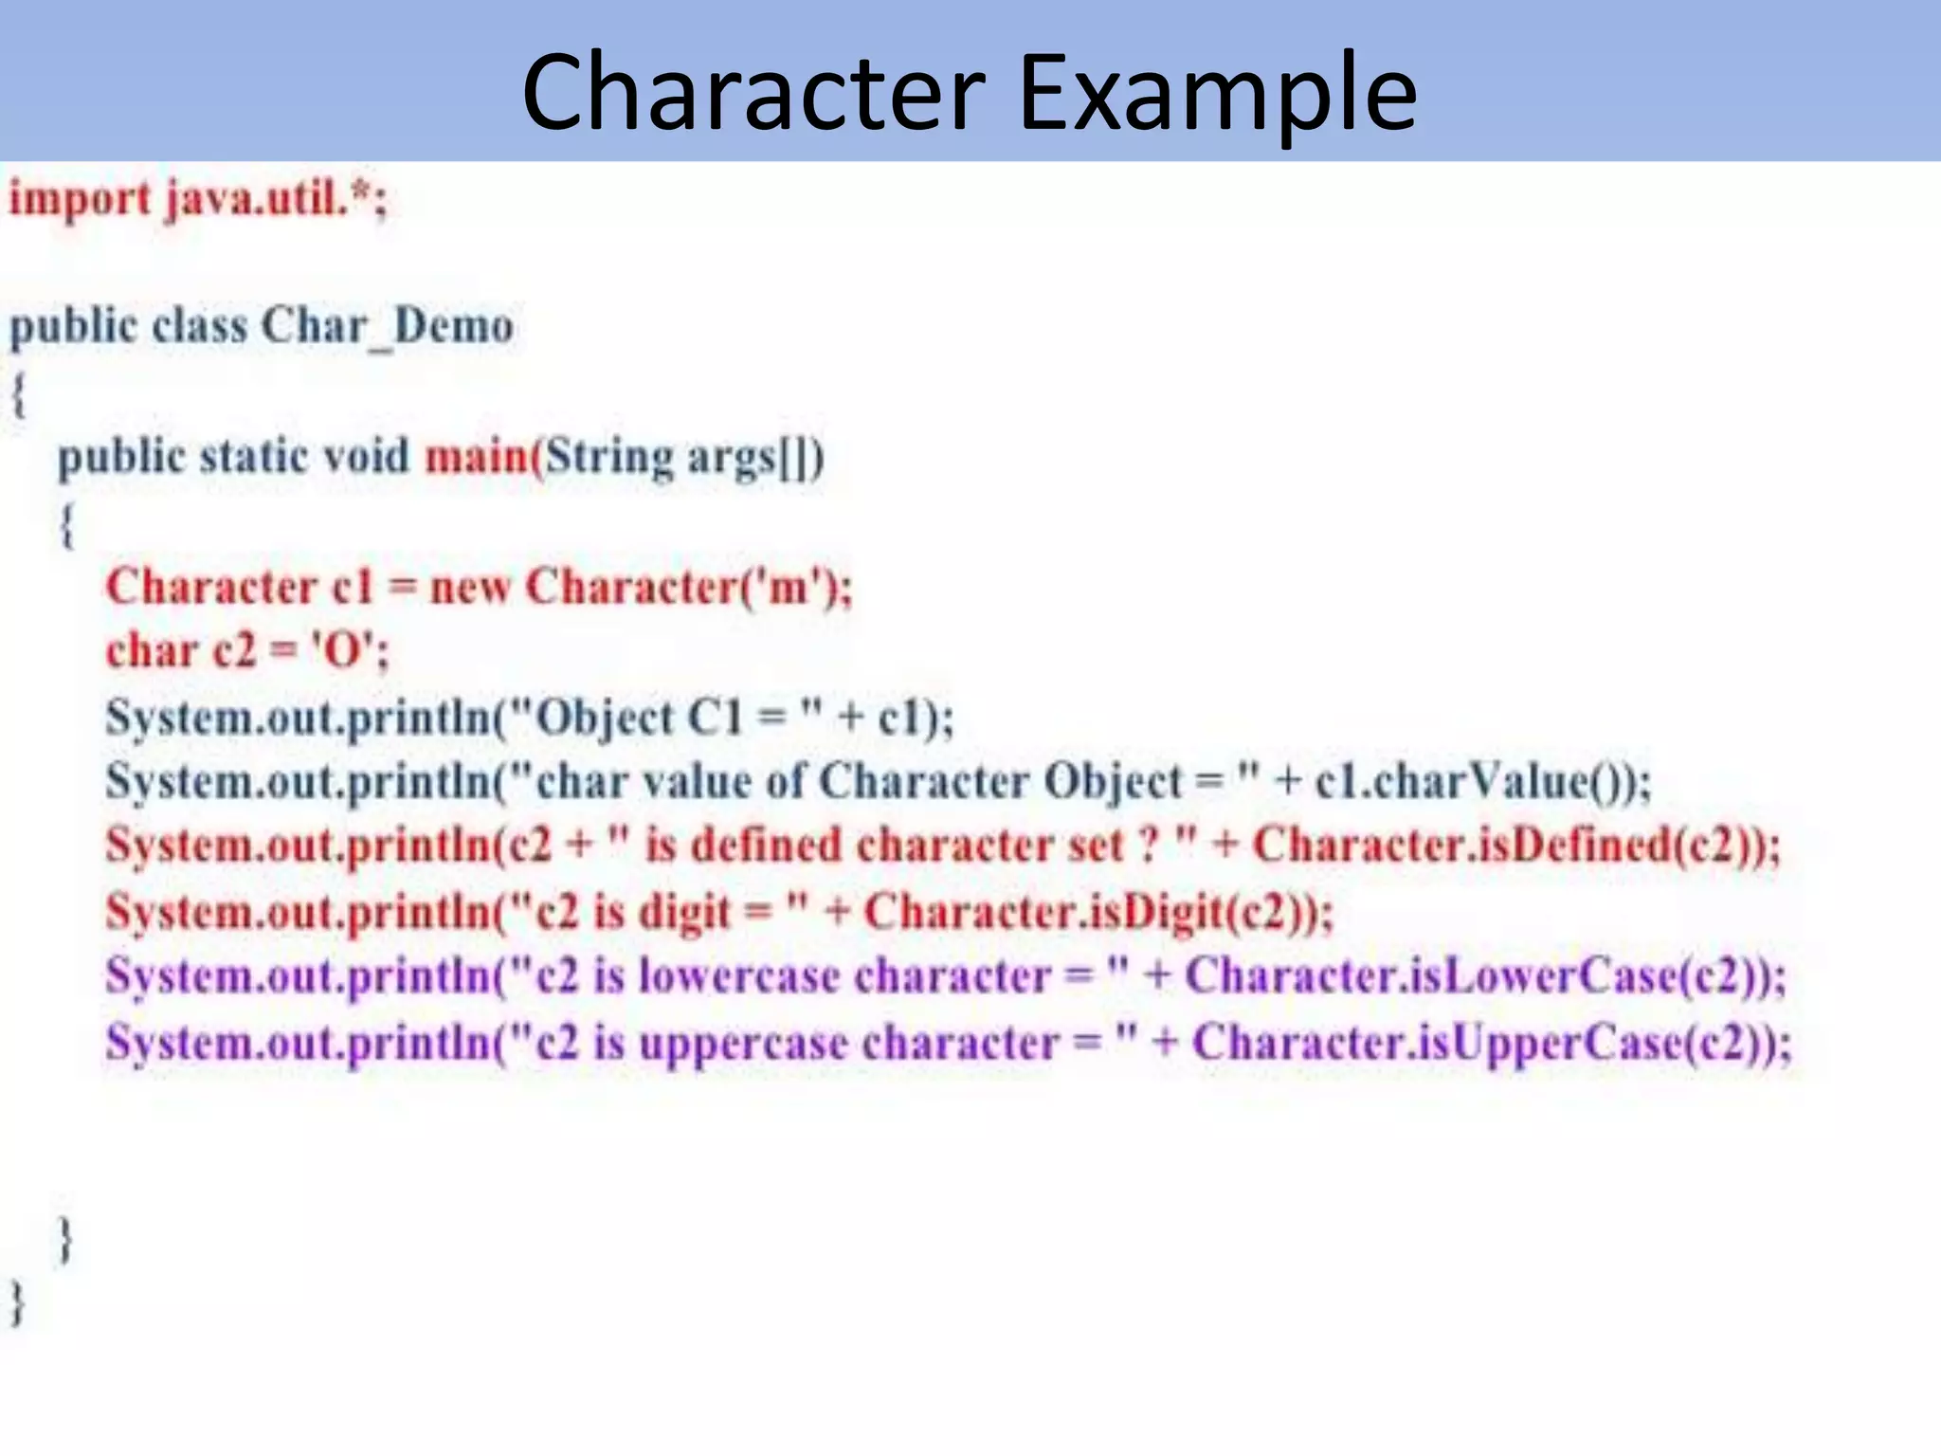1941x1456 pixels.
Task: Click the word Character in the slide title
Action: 753,93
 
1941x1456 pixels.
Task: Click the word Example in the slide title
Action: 1217,93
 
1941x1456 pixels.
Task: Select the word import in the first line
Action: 80,200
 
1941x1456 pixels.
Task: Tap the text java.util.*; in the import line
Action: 276,200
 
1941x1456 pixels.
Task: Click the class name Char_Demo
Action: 388,327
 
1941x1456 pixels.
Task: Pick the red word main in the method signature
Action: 476,457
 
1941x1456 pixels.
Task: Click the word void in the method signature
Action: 366,457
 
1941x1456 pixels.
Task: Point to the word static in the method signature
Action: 254,457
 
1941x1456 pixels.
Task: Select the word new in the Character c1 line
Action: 470,587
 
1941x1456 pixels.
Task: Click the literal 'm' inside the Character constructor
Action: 789,587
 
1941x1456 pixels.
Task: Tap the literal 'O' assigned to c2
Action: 343,651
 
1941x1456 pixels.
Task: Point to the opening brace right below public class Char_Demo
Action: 18,394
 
